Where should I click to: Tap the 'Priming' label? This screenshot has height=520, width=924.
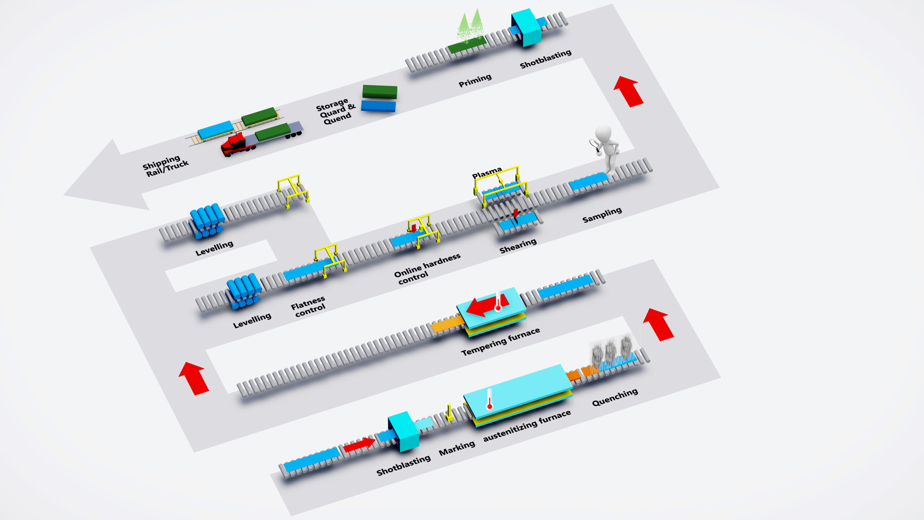(x=475, y=81)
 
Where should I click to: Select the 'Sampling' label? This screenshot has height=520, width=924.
(x=602, y=215)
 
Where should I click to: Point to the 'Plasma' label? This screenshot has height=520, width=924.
(x=487, y=173)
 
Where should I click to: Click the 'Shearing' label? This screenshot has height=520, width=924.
(x=518, y=246)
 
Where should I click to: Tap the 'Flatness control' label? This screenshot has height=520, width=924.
(x=309, y=306)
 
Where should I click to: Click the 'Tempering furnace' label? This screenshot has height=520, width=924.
(x=500, y=341)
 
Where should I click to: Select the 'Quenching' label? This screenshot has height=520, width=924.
(x=615, y=397)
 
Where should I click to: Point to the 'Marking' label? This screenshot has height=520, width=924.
(x=457, y=448)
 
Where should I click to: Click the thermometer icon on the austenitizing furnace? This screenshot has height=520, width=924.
(x=489, y=399)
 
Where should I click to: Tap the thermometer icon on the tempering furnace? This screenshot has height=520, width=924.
(x=498, y=301)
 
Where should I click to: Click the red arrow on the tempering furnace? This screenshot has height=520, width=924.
(x=484, y=306)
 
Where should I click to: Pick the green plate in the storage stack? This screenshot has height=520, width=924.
(x=380, y=91)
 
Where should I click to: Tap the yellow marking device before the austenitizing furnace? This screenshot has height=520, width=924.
(x=449, y=413)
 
